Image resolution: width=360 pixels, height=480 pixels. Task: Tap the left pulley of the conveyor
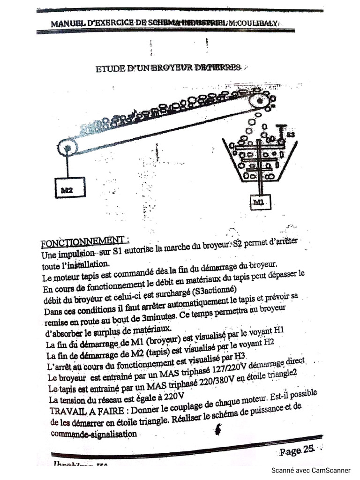click(x=68, y=148)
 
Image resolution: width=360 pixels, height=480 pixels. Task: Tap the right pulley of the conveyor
click(x=258, y=101)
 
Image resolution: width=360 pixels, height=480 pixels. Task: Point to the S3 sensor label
click(x=291, y=135)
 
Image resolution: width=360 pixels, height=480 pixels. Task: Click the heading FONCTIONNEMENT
click(x=85, y=242)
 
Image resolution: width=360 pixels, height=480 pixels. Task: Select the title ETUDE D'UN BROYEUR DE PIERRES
click(x=169, y=68)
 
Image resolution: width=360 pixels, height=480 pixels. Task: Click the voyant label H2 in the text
click(x=268, y=343)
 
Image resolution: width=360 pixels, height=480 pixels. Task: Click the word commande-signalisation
click(x=94, y=434)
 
